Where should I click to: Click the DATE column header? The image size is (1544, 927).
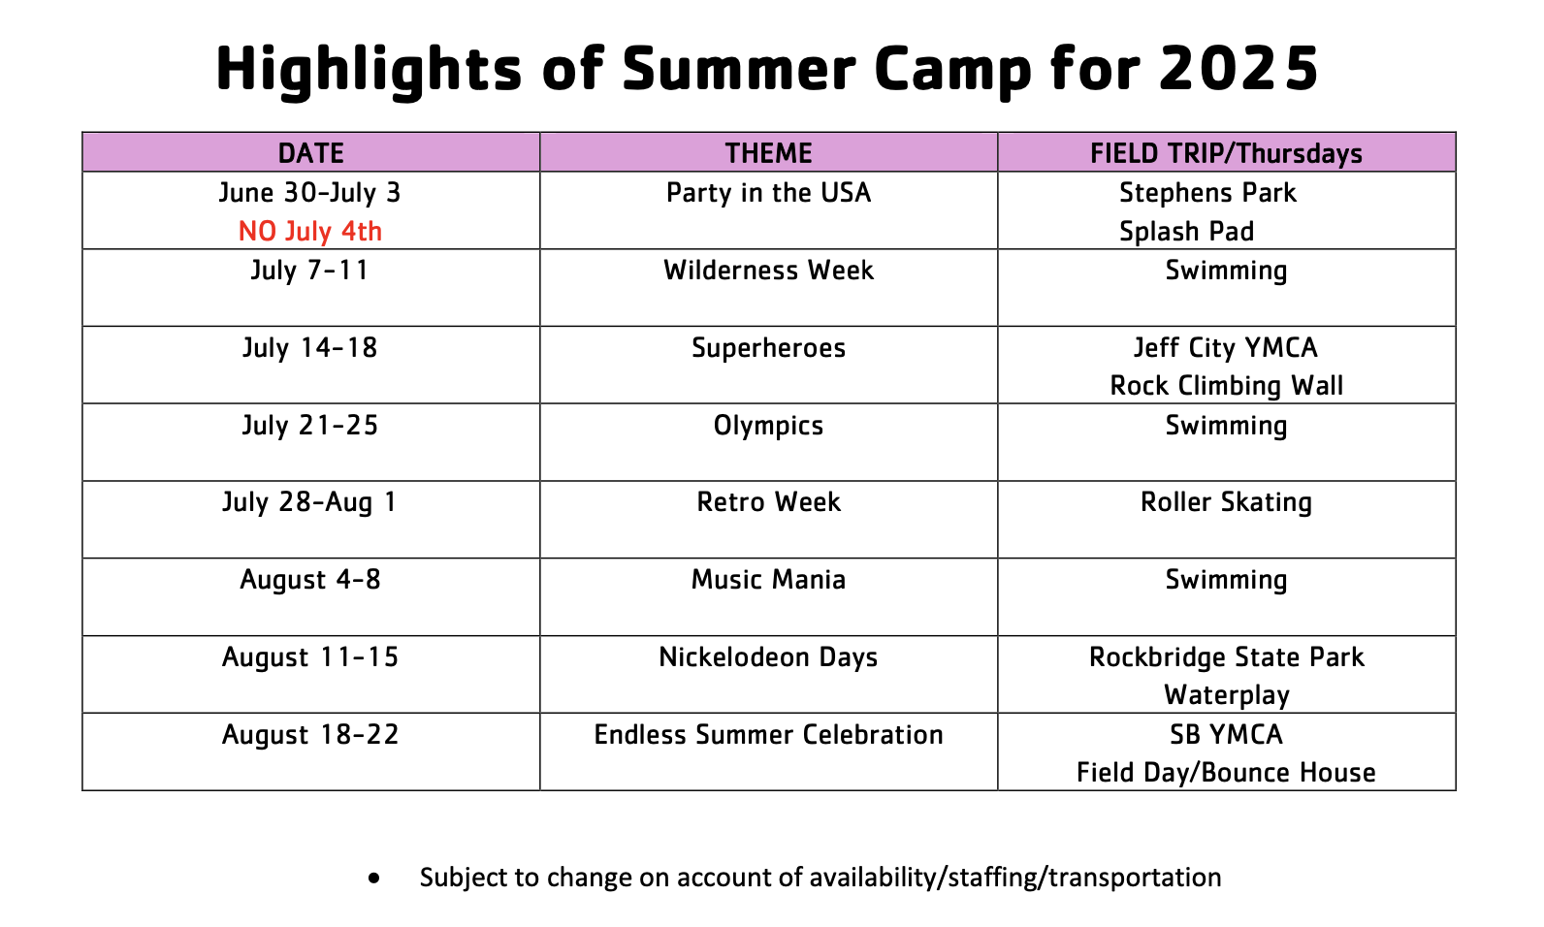pos(311,153)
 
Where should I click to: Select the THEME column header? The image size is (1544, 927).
pos(768,153)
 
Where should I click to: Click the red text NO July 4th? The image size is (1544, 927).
pos(310,232)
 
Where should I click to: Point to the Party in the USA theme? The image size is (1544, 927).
pos(768,193)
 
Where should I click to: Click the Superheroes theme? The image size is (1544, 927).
pos(768,348)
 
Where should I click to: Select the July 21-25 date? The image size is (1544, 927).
pos(310,426)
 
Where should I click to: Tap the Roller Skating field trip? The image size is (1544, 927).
pos(1226,502)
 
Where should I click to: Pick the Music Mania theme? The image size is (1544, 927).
pos(768,580)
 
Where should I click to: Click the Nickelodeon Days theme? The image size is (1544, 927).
pos(768,657)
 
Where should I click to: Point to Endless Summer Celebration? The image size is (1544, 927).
pos(768,735)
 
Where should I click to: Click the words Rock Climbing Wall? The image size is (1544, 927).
pos(1226,386)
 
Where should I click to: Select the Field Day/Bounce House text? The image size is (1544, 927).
pos(1226,773)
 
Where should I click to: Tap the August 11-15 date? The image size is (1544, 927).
pos(310,657)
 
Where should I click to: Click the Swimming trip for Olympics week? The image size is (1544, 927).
pos(1226,426)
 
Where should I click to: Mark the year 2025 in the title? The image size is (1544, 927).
pos(1238,68)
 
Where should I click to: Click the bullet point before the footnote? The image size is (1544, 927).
pos(373,879)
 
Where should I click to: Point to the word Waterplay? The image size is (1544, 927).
pos(1226,695)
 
